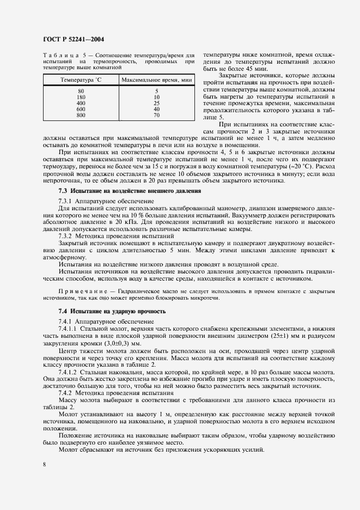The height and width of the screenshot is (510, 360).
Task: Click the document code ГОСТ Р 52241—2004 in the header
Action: [73, 39]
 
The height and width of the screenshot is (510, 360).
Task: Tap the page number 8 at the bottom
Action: [44, 464]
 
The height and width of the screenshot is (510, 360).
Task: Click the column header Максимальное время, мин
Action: [156, 80]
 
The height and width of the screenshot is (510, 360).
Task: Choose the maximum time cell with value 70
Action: [156, 115]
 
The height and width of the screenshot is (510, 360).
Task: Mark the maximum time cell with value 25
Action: [156, 102]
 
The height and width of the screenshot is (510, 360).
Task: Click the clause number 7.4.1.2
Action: [69, 371]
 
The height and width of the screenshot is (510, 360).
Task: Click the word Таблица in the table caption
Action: [59, 56]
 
